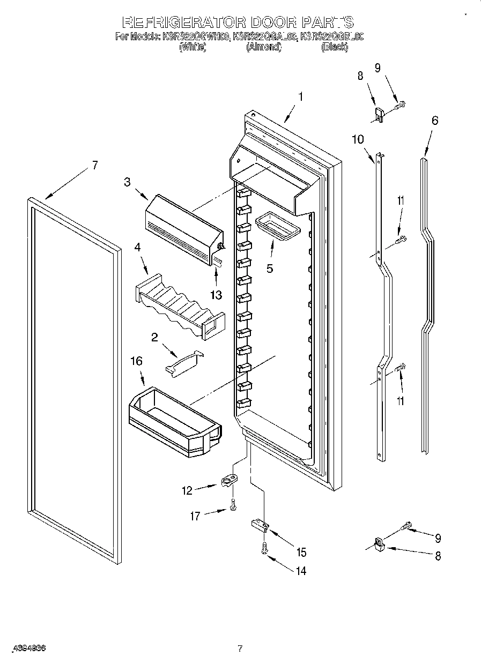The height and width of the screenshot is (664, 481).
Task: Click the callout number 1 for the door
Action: (x=301, y=97)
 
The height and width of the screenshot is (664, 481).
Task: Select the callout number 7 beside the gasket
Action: (x=94, y=165)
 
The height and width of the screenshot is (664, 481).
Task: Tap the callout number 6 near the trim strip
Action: (x=434, y=121)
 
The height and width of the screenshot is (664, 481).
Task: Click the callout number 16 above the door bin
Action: (x=137, y=361)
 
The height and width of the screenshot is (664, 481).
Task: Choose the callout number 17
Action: (x=195, y=516)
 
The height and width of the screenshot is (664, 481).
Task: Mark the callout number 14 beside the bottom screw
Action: (x=301, y=571)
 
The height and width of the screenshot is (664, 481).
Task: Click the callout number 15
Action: (x=301, y=552)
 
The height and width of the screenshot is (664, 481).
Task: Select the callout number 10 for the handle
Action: (x=358, y=139)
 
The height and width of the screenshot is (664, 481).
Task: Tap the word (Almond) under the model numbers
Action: (x=263, y=47)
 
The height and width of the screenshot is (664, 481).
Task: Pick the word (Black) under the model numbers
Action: (x=335, y=47)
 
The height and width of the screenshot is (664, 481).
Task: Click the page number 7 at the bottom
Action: (x=240, y=649)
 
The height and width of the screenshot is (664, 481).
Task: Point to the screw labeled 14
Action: (x=263, y=548)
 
